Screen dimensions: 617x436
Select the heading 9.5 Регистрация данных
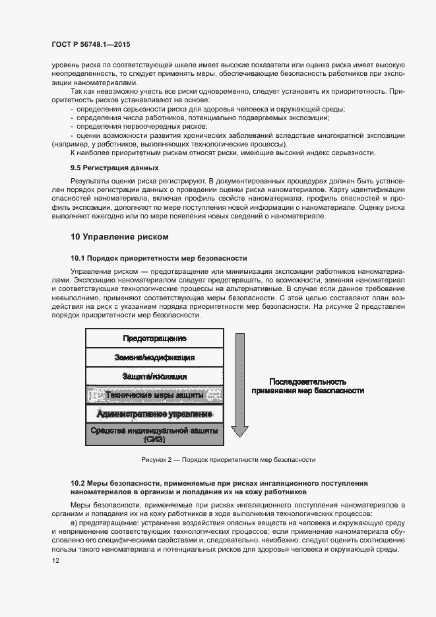tap(114, 168)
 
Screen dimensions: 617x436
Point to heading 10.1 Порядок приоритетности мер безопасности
tap(158, 258)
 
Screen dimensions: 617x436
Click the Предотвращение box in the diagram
tap(154, 339)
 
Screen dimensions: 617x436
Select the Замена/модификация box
tap(154, 357)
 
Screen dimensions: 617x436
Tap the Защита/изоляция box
tap(154, 376)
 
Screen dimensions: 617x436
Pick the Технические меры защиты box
tap(154, 395)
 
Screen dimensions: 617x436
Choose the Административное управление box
tap(154, 414)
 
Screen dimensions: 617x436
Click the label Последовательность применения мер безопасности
tap(307, 386)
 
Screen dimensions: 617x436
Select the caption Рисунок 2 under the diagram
tap(228, 460)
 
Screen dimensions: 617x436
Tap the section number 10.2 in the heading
tap(78, 484)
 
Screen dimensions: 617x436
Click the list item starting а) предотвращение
tap(237, 522)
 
